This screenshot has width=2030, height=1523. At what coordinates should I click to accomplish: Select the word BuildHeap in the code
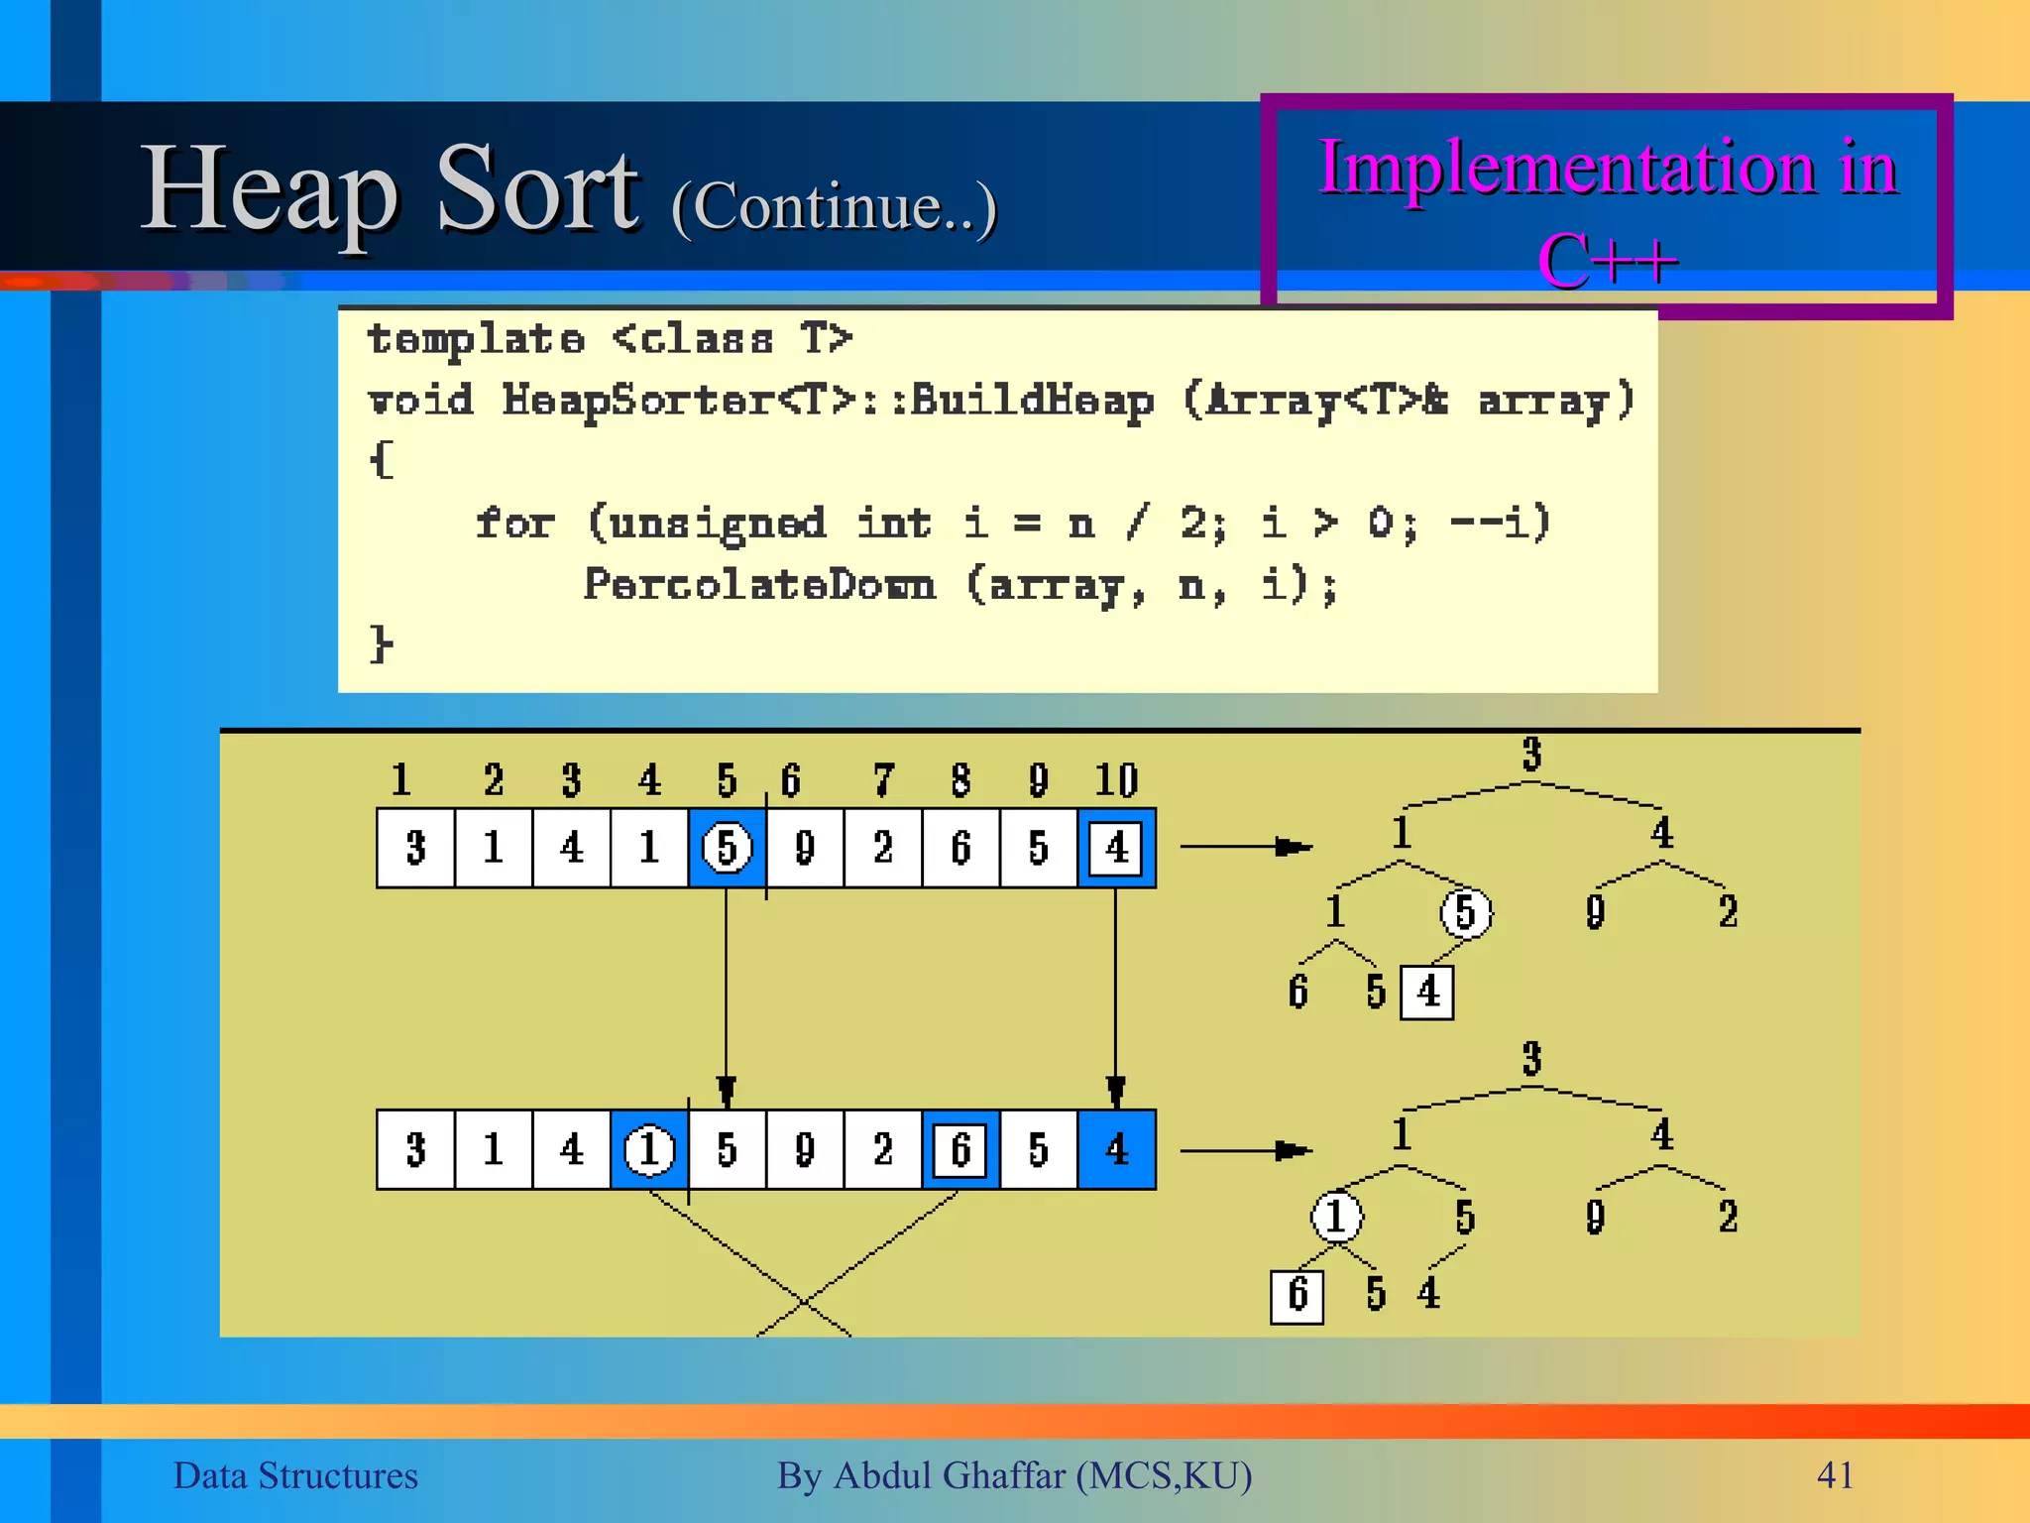point(1031,401)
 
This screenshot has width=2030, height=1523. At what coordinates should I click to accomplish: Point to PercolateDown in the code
point(759,585)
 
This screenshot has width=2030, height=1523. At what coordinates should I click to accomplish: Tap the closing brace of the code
point(381,644)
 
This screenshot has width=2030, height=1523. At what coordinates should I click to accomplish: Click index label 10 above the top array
point(1116,780)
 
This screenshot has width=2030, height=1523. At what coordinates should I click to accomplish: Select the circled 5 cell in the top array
point(727,848)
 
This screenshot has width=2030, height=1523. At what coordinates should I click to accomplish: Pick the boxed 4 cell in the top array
point(1116,848)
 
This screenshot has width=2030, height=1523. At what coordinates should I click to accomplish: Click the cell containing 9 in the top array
point(805,848)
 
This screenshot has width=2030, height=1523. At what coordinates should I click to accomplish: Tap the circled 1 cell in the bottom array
point(649,1150)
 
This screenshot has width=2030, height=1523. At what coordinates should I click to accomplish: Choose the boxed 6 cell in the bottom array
point(959,1150)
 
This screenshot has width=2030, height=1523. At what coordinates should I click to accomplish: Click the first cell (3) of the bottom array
point(415,1150)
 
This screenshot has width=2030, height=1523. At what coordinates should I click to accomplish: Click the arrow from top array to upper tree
point(1245,847)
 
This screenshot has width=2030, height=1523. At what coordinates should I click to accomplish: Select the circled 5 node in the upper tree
point(1465,912)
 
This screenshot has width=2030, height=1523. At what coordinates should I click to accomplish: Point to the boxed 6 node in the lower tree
point(1297,1296)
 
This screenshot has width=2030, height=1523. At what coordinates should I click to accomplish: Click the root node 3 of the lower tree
point(1531,1059)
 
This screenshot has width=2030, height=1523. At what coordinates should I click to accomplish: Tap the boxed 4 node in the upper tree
point(1427,992)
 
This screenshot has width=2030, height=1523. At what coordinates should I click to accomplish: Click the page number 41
point(1835,1475)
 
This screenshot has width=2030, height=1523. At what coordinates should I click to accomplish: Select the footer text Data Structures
point(295,1475)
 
